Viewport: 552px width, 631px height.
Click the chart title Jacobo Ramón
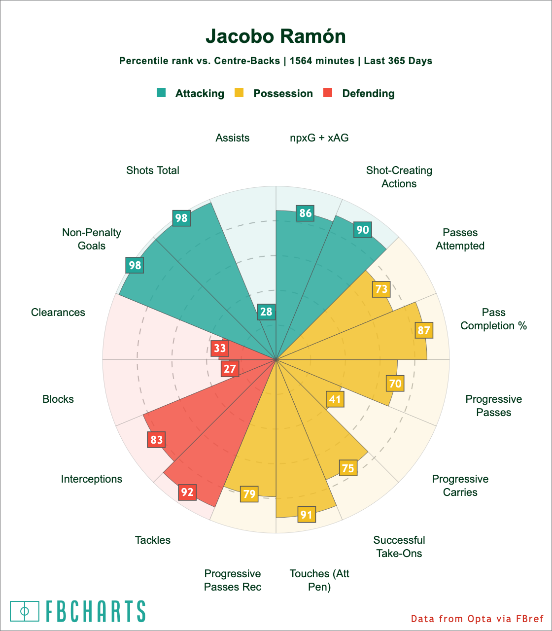[x=276, y=36]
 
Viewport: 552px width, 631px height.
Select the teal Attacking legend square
[x=161, y=93]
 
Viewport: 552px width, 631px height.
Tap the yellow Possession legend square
[x=239, y=93]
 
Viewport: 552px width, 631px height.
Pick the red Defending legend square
[x=328, y=93]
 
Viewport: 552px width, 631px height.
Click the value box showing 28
[x=266, y=312]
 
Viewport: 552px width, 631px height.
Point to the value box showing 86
[x=306, y=213]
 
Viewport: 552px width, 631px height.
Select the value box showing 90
[x=363, y=230]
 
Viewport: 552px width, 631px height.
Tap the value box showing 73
[x=381, y=288]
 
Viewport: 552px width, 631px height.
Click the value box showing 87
[x=424, y=330]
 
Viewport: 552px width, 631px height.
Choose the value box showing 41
[x=335, y=399]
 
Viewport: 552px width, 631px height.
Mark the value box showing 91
[x=306, y=515]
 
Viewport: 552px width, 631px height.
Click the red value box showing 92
[x=187, y=491]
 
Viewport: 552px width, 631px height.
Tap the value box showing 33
[x=220, y=348]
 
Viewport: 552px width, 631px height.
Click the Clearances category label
[x=58, y=313]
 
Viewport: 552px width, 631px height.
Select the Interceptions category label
[x=92, y=479]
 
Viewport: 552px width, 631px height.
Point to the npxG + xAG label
[x=319, y=138]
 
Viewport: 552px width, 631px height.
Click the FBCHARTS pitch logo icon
[x=25, y=611]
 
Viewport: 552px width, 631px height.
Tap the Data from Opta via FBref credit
[x=477, y=619]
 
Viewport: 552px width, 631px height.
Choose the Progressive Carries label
[x=460, y=486]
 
